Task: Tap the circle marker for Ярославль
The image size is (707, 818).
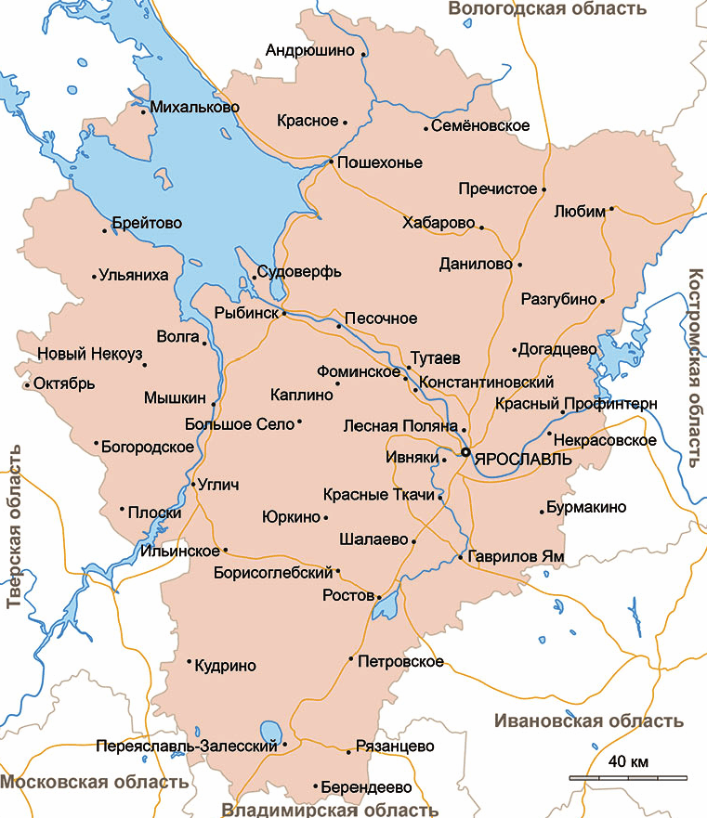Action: click(465, 452)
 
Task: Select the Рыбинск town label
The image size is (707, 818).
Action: click(246, 314)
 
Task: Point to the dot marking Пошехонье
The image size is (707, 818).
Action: click(331, 162)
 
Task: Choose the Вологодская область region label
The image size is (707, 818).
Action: click(546, 9)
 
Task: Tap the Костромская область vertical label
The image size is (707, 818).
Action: click(696, 369)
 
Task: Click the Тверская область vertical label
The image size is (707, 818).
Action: click(13, 526)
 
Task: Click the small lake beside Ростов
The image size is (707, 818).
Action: click(385, 605)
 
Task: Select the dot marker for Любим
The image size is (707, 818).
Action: click(611, 210)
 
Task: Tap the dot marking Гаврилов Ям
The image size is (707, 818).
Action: click(461, 557)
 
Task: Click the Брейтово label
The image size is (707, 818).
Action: click(147, 224)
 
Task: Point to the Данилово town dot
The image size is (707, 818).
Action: click(519, 265)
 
